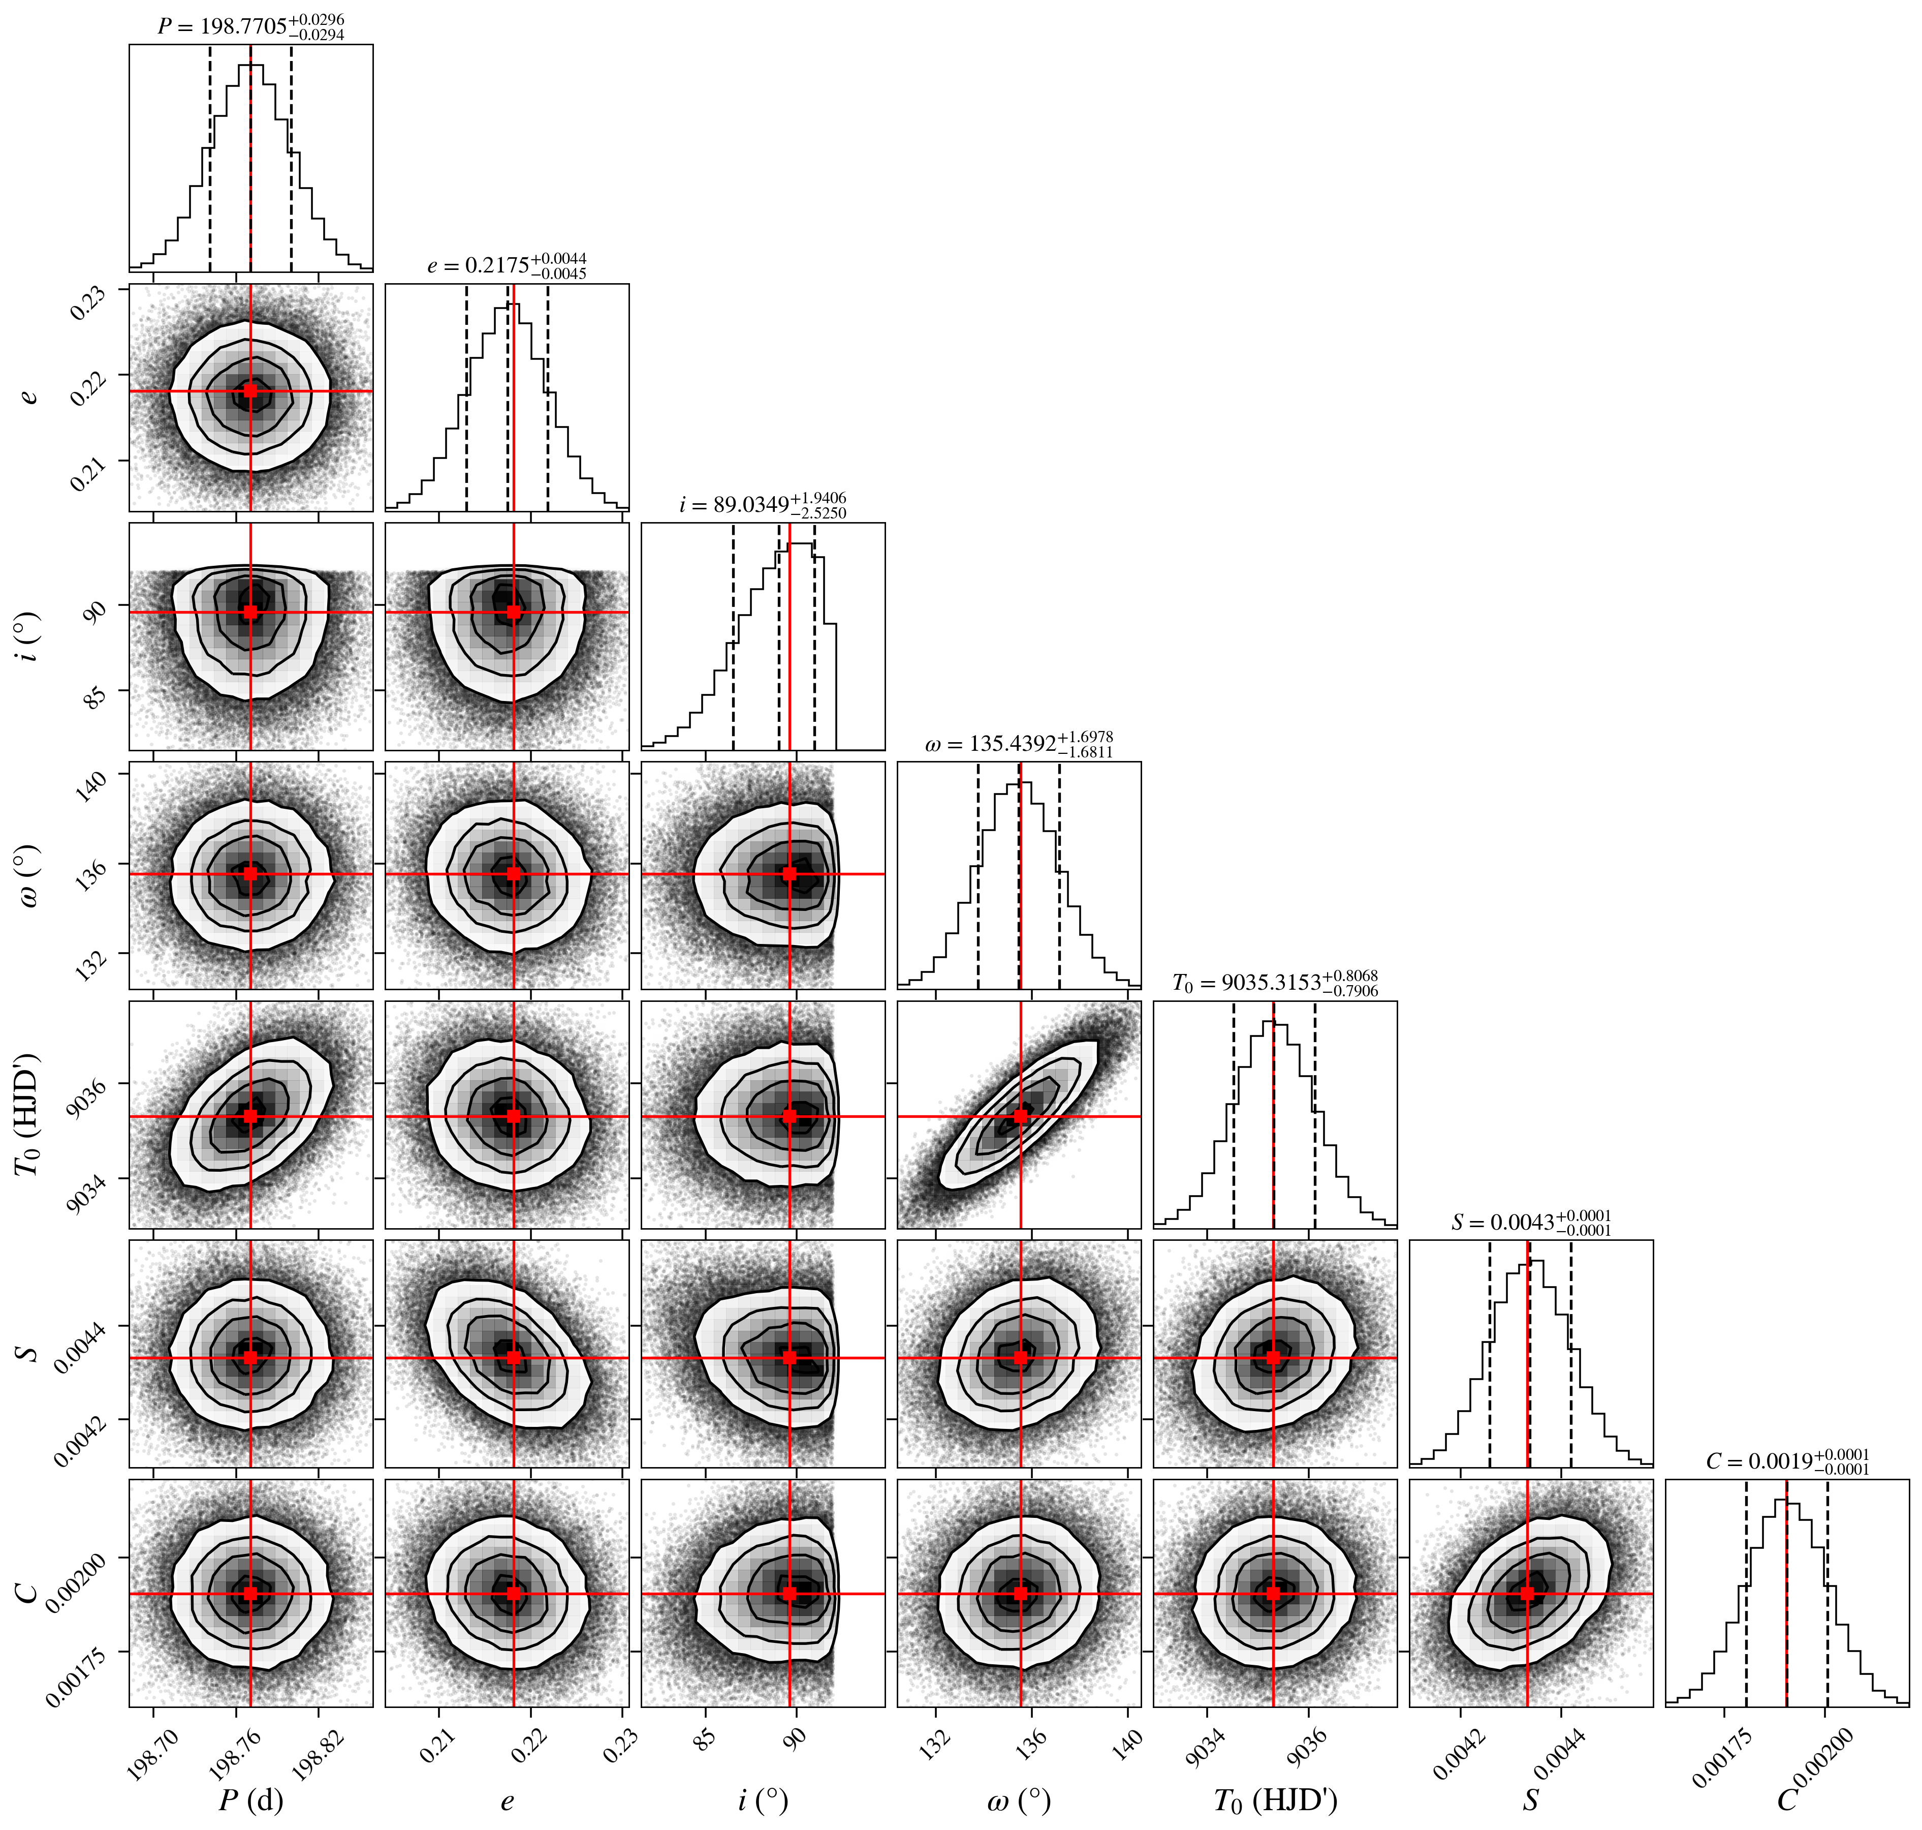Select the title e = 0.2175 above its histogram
pyautogui.click(x=507, y=265)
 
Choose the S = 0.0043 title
pyautogui.click(x=1531, y=1222)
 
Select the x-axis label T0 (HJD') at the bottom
pyautogui.click(x=1275, y=1800)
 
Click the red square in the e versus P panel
pyautogui.click(x=250, y=390)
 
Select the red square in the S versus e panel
pyautogui.click(x=514, y=1357)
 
